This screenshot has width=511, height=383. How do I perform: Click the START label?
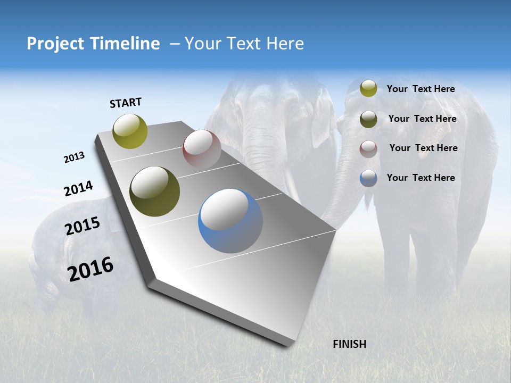[x=126, y=103]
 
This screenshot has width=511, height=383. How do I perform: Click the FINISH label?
[x=350, y=344]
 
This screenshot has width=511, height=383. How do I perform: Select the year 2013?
[x=74, y=157]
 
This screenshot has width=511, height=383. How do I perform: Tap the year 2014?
[x=78, y=189]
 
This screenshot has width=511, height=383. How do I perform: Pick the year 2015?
[x=83, y=226]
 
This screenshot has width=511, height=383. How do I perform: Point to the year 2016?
[x=90, y=269]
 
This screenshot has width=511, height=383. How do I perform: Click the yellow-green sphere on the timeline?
[x=130, y=131]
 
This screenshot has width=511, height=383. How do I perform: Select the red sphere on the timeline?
[x=202, y=149]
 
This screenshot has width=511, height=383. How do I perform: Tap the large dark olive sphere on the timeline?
[x=155, y=191]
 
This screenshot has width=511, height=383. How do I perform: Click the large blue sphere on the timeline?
[x=230, y=221]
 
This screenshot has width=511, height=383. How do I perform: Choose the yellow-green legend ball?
[x=368, y=88]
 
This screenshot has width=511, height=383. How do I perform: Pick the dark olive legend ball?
[x=368, y=119]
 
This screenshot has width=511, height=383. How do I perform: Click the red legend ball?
[x=368, y=149]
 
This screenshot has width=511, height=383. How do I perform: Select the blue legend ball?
[x=368, y=178]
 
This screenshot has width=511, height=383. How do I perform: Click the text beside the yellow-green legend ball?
[x=421, y=89]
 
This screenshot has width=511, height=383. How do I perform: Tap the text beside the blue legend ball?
[x=421, y=178]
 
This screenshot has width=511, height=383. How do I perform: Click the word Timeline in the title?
[x=126, y=44]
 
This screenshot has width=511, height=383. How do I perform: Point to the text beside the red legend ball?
[x=423, y=148]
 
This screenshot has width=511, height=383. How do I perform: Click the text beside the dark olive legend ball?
[x=422, y=119]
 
